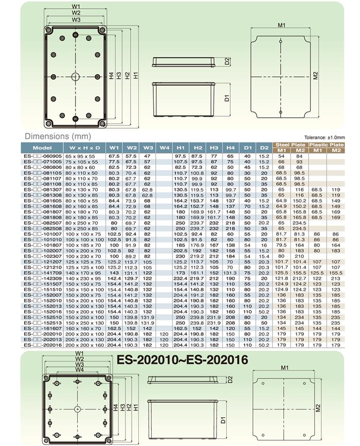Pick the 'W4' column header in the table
click(x=164, y=148)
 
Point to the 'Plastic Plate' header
click(x=326, y=145)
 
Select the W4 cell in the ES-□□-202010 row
click(x=164, y=333)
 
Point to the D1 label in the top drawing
click(x=226, y=97)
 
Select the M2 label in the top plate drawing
click(x=315, y=75)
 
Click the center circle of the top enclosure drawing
click(x=76, y=77)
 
